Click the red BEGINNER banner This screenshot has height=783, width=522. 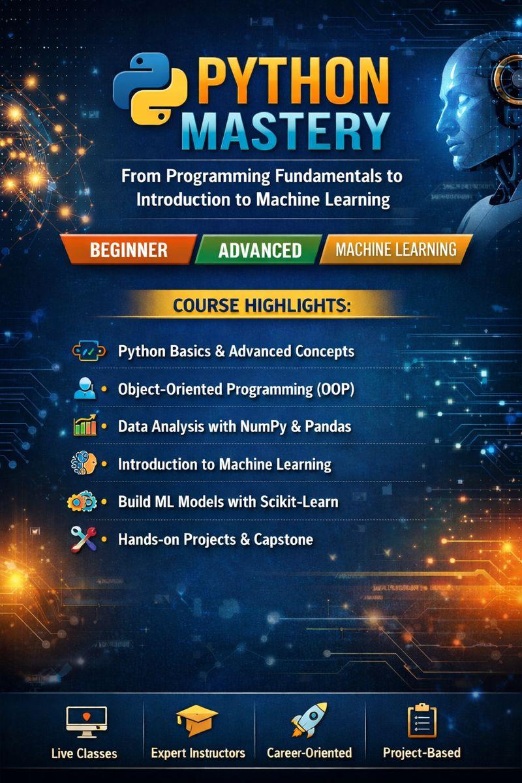[x=129, y=249]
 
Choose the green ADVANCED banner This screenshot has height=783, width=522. [x=260, y=250]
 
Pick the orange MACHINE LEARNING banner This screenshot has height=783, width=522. [x=396, y=249]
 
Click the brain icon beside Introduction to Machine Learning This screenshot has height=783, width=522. [x=84, y=464]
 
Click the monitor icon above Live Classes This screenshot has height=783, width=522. [x=84, y=721]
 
